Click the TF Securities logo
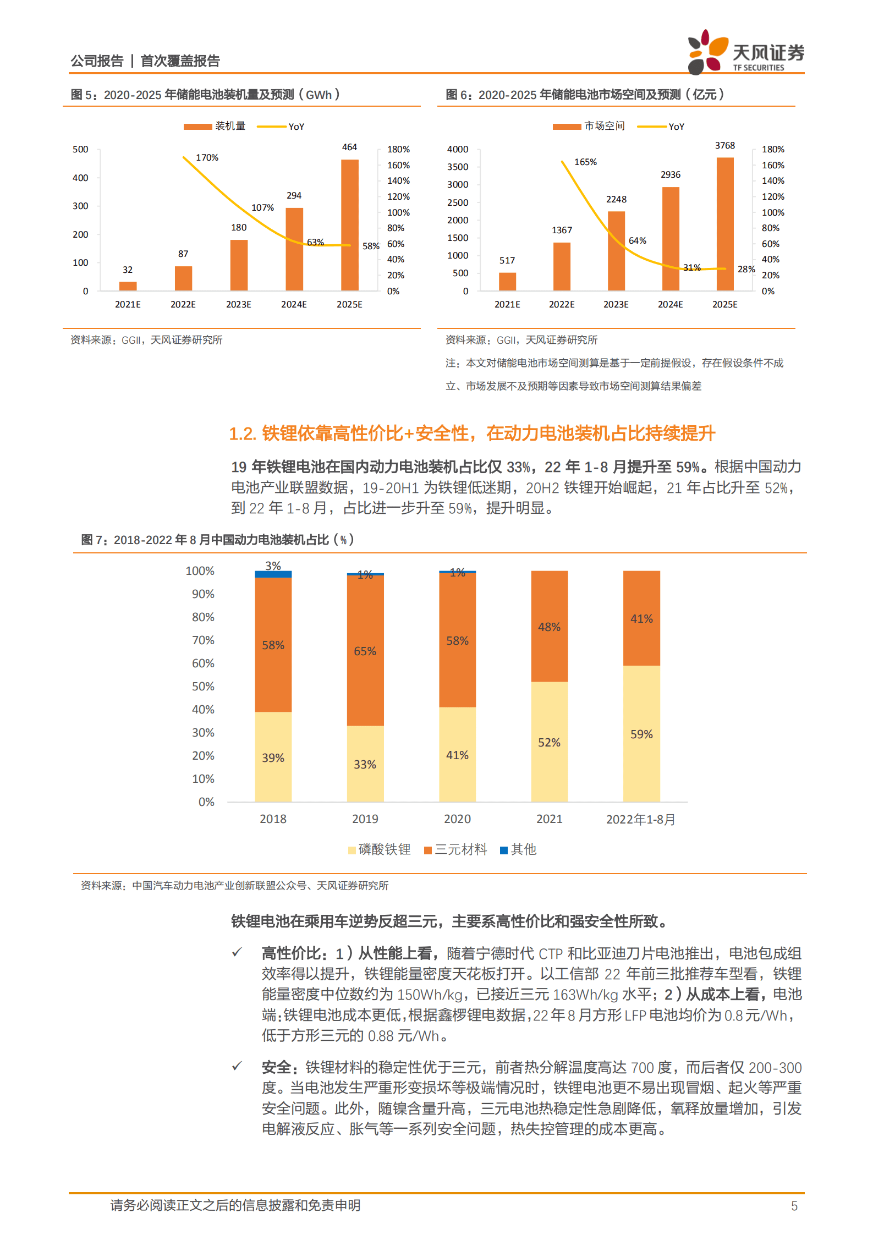click(x=745, y=53)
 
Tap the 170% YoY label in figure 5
click(x=207, y=158)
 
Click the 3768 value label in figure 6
click(x=724, y=146)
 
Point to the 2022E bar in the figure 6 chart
click(x=561, y=266)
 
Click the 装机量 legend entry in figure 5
click(x=215, y=127)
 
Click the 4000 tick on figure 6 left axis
click(x=457, y=150)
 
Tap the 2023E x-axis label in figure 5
click(x=238, y=305)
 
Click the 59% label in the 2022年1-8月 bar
click(x=641, y=734)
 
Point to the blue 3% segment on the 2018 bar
click(x=273, y=574)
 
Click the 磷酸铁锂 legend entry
click(x=380, y=849)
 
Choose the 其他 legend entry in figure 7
click(x=518, y=849)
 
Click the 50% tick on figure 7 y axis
click(x=203, y=687)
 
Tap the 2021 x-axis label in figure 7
click(x=549, y=819)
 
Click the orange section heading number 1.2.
click(x=242, y=434)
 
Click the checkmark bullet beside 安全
click(x=237, y=1066)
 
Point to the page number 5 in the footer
click(x=794, y=1206)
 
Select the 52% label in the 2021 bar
click(x=549, y=743)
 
